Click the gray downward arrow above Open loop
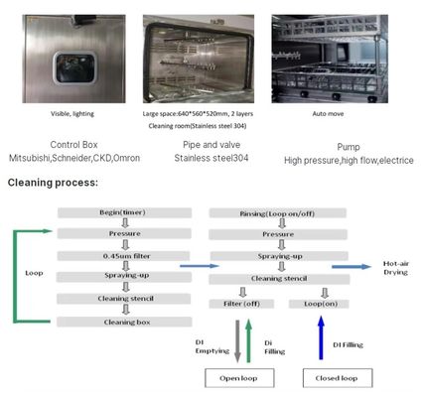(x=236, y=338)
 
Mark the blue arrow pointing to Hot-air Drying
(x=349, y=266)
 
